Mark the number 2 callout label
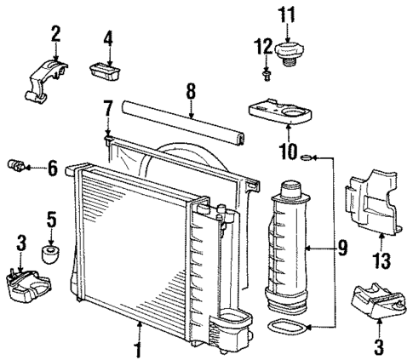coord(55,35)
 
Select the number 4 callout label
coord(108,38)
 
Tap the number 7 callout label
coord(107,108)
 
